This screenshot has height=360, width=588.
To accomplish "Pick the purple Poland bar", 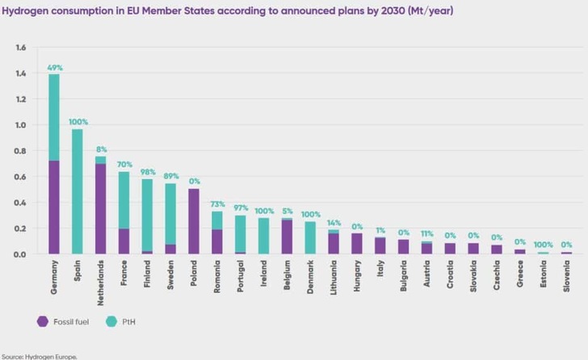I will point(194,221).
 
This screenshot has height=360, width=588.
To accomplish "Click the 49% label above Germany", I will point(54,67).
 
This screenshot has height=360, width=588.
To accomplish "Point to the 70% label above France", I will point(124,165).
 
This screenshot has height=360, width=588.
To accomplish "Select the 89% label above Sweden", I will point(170,176).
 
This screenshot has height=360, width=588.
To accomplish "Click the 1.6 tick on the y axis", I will point(20,48).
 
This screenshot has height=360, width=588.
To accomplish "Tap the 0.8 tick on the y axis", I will point(20,151).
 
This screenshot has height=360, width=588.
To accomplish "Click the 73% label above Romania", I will point(217,204).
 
